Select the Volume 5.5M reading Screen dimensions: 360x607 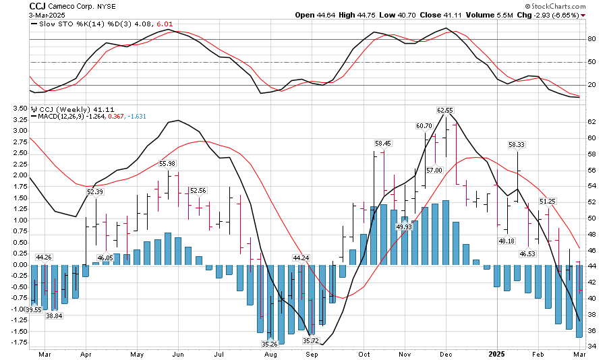point(496,14)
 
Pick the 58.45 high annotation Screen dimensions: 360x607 point(383,143)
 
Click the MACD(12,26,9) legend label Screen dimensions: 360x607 point(64,116)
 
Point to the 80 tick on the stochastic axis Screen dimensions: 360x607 point(591,39)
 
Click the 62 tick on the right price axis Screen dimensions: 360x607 point(591,122)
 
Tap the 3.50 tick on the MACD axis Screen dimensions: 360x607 point(20,109)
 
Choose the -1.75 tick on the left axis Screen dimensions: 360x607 point(18,342)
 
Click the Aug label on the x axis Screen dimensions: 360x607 point(270,353)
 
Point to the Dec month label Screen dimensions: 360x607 point(446,353)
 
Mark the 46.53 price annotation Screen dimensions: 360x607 point(527,253)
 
